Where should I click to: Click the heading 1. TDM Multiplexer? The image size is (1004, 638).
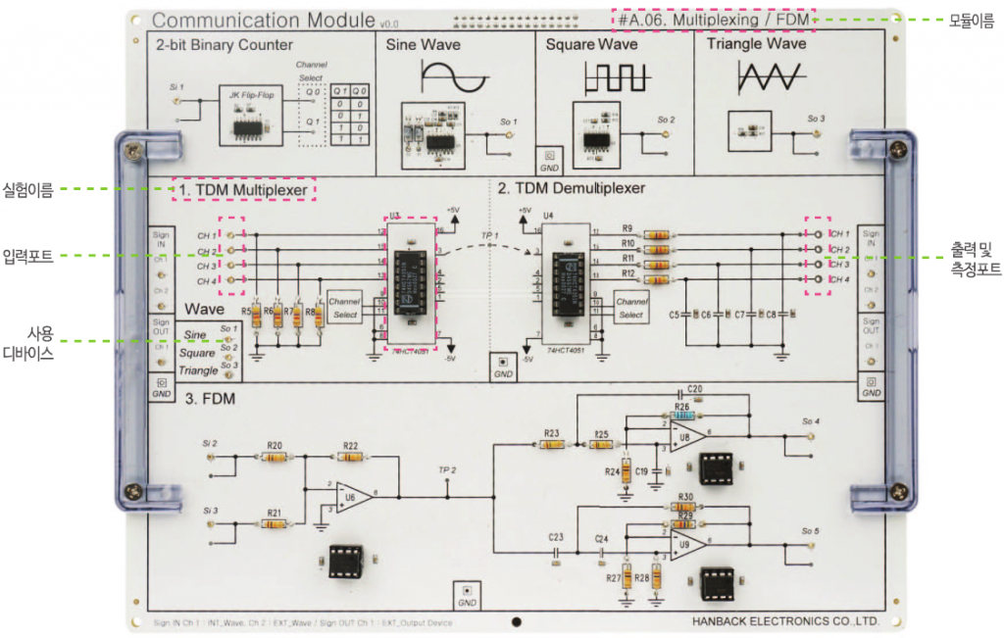click(243, 188)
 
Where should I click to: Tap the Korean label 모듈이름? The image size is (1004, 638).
click(965, 20)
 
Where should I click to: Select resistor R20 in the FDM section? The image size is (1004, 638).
click(276, 457)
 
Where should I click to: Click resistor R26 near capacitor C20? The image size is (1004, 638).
click(683, 416)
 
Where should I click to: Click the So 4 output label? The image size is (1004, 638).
click(810, 422)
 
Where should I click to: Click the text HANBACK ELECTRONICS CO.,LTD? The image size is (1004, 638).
click(784, 621)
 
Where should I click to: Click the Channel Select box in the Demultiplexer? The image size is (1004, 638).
click(630, 308)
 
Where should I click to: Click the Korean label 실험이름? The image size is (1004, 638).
click(28, 189)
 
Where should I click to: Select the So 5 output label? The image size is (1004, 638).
click(810, 530)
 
